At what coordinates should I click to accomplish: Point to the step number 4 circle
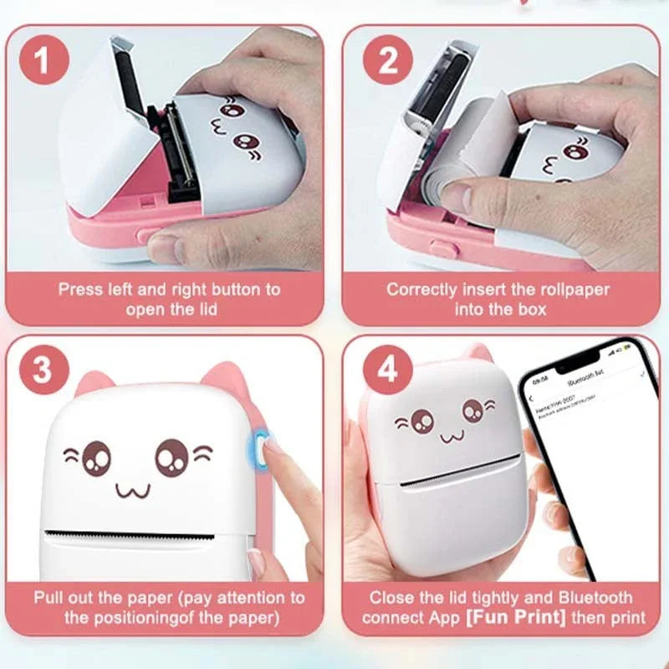387,369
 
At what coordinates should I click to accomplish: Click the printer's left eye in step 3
96,457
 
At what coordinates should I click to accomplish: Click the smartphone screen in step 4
585,452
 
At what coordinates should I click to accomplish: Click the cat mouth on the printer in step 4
449,436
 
